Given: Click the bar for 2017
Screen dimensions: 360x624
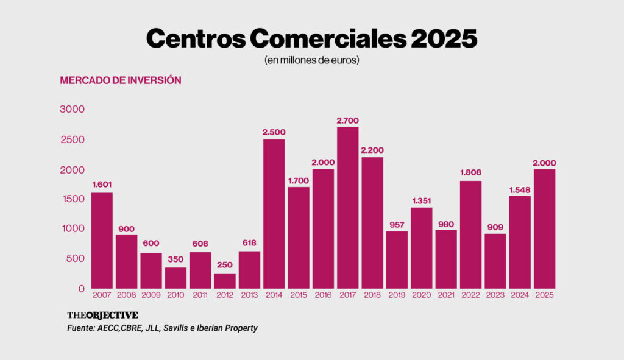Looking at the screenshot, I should point(347,208).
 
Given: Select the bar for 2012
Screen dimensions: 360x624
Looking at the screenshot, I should point(224,281).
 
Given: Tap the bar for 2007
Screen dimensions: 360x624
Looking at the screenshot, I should point(102,241).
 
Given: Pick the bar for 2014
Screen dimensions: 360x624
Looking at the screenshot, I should point(274,214).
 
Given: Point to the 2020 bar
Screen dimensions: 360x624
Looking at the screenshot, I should point(421,248).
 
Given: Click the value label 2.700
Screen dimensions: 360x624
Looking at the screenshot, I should point(347,120).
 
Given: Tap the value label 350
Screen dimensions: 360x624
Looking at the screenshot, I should point(175,260).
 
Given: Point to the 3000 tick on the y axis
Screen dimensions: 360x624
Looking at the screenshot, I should point(72,109).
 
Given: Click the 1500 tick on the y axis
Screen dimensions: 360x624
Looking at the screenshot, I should point(72,199).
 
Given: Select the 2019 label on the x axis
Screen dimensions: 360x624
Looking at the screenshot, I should point(397,295).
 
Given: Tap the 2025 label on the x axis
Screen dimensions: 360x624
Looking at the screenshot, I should point(544,295).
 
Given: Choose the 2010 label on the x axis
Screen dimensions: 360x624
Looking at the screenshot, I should point(175,295).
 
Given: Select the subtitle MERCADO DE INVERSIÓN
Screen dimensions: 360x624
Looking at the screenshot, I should point(121,80).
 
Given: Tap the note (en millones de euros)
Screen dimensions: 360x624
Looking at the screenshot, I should point(311,61).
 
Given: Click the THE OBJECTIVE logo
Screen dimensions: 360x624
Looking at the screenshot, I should point(102,315).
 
